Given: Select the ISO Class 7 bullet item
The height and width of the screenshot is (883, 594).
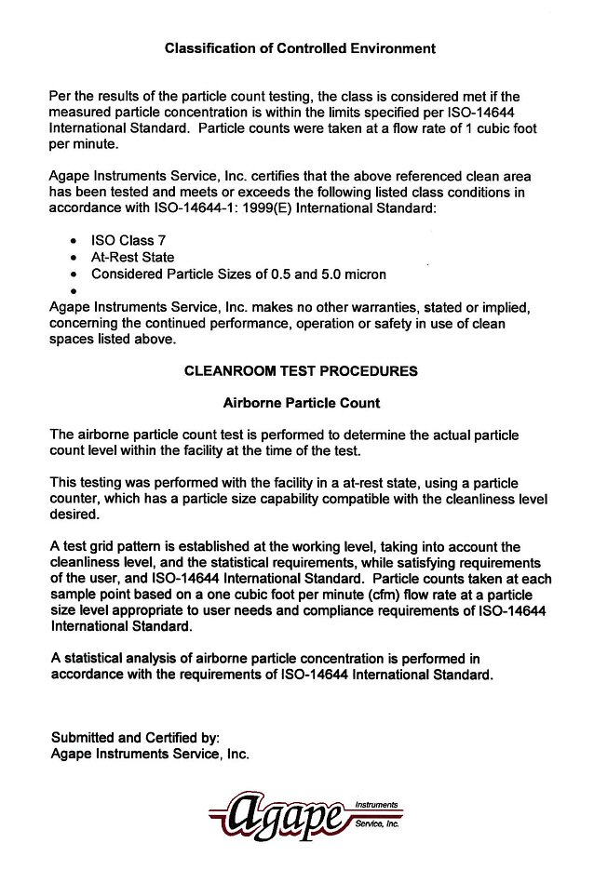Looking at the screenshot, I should [x=128, y=240].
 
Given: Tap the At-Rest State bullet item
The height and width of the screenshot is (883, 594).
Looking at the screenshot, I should [x=132, y=257].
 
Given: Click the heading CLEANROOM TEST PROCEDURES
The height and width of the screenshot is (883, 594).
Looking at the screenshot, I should [x=301, y=370].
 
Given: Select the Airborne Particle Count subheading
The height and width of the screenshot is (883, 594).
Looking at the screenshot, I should [x=301, y=404].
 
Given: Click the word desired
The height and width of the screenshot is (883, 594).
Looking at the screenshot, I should [x=74, y=514].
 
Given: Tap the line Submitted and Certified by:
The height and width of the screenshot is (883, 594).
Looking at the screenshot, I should [x=135, y=738].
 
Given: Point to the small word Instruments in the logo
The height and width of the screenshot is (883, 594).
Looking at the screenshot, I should [x=376, y=803].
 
